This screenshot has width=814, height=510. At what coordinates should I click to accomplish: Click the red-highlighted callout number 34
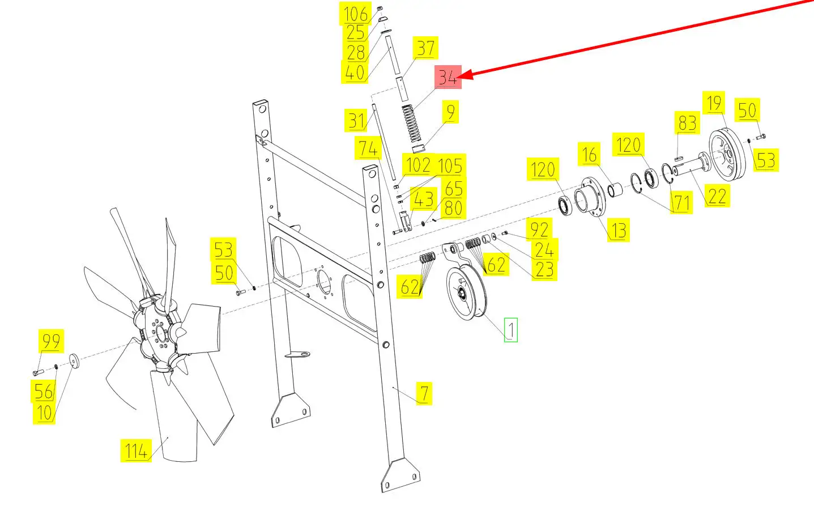coord(448,77)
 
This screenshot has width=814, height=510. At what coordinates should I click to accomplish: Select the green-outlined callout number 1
coord(510,330)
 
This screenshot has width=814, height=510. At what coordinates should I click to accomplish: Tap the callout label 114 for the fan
coord(136,450)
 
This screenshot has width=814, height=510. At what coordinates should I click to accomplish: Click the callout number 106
coord(355,14)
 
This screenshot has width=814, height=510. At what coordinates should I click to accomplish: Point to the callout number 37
coord(425,48)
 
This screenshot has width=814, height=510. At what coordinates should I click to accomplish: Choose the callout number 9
coord(450,112)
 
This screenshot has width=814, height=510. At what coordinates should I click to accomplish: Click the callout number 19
coord(714,103)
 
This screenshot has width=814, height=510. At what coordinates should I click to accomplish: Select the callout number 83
coord(687,122)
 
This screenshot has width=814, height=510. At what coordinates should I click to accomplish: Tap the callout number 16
coord(589,154)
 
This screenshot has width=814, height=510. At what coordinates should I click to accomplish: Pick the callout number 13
coord(619,230)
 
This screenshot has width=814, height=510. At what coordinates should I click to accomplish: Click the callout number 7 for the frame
coord(424,393)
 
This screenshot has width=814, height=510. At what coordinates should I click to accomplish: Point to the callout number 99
coord(51,341)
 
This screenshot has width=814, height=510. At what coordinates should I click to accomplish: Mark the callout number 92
coord(539,229)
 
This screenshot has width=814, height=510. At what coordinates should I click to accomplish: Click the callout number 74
coord(368,148)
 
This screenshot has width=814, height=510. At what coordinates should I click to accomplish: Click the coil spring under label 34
coord(412,124)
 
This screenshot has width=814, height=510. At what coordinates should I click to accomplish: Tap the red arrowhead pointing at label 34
coord(465,75)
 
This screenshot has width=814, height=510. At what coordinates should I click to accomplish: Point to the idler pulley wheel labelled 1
coord(466,292)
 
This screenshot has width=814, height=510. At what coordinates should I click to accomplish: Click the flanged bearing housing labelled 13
coord(590,198)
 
